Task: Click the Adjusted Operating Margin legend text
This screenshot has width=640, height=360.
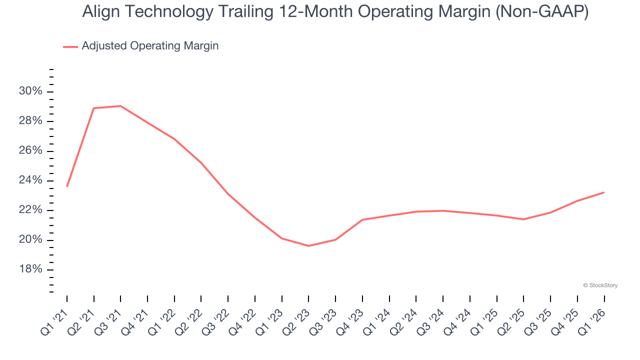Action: pyautogui.click(x=150, y=46)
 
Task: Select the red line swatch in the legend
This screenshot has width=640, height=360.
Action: pyautogui.click(x=70, y=46)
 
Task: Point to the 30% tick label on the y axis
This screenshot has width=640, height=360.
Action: pyautogui.click(x=31, y=91)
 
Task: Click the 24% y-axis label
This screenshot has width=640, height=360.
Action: pyautogui.click(x=31, y=180)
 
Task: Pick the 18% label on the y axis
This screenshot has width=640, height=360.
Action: pyautogui.click(x=31, y=269)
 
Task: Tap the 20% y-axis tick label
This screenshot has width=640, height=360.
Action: pyautogui.click(x=31, y=240)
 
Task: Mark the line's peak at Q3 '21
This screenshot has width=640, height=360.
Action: pyautogui.click(x=120, y=106)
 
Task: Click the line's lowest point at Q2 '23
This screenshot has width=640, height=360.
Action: pyautogui.click(x=308, y=246)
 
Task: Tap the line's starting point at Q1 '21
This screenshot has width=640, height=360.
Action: pyautogui.click(x=67, y=186)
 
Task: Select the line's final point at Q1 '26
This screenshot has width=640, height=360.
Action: pyautogui.click(x=604, y=192)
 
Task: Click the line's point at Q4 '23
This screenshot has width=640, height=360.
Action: pyautogui.click(x=362, y=219)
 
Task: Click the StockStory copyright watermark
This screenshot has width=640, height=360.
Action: pyautogui.click(x=600, y=285)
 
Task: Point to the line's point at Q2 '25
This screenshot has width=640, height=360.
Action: pyautogui.click(x=523, y=219)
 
